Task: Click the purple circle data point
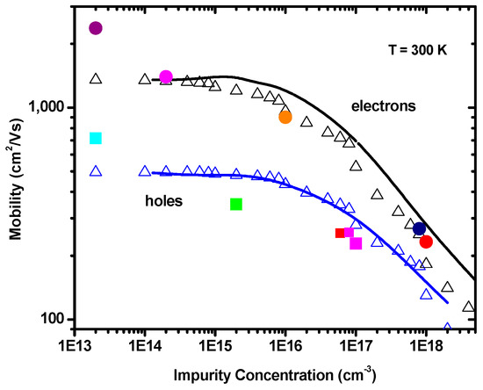(96, 28)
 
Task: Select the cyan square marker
(96, 138)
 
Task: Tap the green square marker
(236, 205)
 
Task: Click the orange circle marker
(285, 117)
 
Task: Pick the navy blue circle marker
(420, 229)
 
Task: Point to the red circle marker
(427, 242)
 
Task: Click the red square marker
(341, 233)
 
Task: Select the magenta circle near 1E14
(166, 77)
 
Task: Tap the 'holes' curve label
(164, 201)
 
